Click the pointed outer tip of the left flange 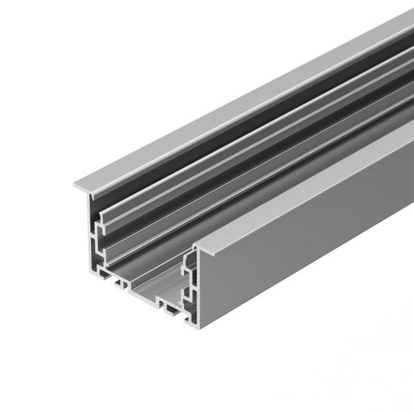coord(75,184)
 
